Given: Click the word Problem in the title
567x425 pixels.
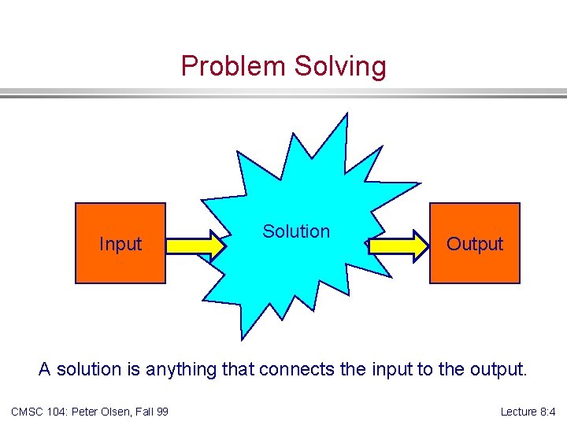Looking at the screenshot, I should (x=234, y=66).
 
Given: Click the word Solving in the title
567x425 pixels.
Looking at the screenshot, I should (x=340, y=66).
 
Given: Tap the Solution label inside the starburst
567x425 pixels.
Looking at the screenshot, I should (x=296, y=231).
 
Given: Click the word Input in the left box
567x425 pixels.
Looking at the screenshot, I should (x=120, y=244).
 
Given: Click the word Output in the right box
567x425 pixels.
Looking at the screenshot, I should (x=474, y=244).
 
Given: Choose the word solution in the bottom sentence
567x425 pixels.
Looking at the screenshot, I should (x=86, y=369).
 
